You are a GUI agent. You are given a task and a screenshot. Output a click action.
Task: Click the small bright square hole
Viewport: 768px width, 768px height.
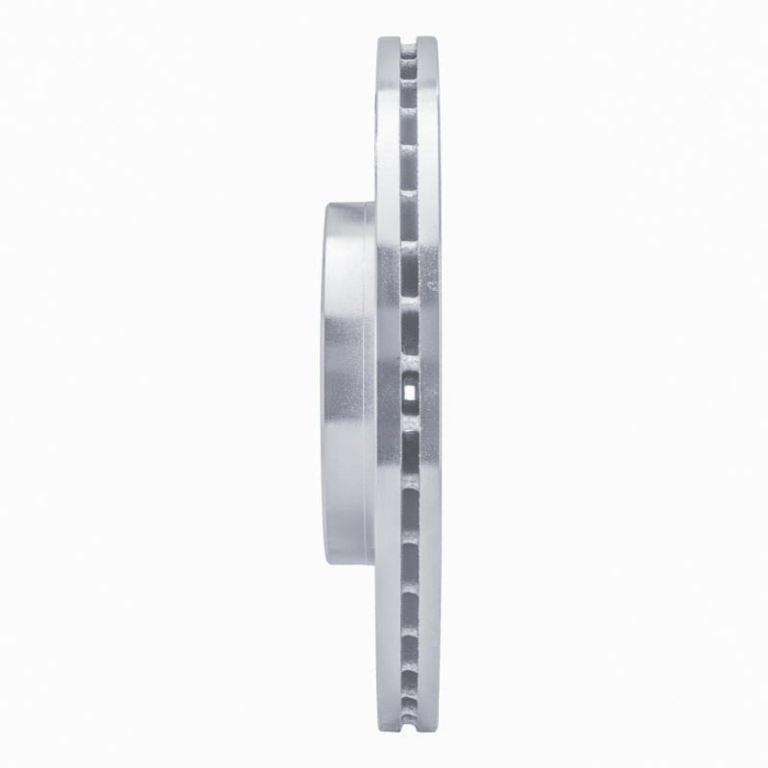[410, 391]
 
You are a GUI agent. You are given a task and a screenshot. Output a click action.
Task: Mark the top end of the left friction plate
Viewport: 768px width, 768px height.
[387, 40]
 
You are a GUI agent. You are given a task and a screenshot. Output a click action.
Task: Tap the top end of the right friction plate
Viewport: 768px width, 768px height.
[428, 40]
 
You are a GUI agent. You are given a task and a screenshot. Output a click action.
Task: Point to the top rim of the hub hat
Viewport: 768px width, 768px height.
[348, 204]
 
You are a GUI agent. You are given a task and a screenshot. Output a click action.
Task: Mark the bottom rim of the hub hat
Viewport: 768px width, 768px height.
[348, 564]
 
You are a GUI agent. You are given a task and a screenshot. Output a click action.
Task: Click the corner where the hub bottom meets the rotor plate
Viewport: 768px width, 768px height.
[374, 566]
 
